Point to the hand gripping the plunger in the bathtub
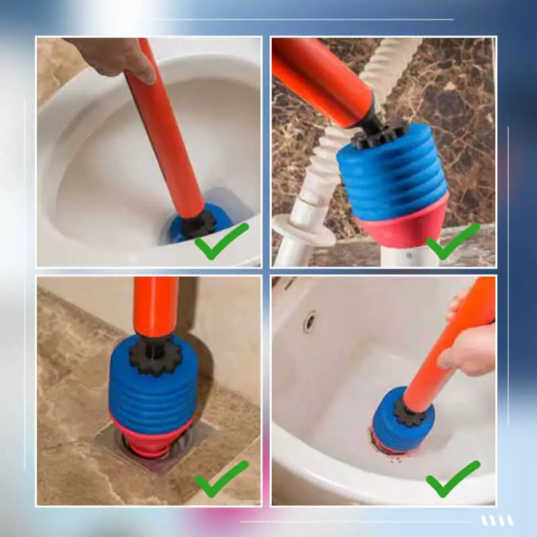click(x=470, y=349)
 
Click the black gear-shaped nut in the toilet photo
click(x=199, y=224)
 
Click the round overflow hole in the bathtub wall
click(x=309, y=322)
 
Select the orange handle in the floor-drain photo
click(x=155, y=305)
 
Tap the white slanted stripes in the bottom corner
click(x=497, y=520)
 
